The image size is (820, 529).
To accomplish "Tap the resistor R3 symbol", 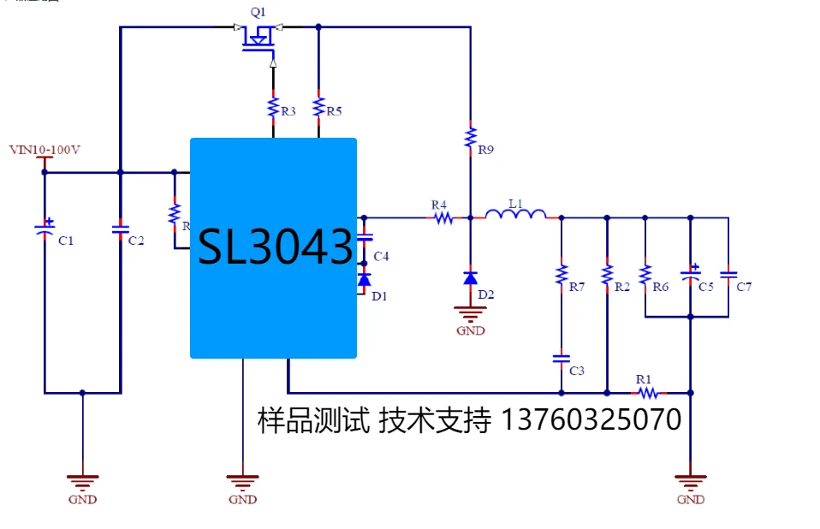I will (x=273, y=109).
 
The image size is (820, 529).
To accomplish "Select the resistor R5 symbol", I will (x=318, y=109).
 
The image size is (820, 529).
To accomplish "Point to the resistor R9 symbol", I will (x=470, y=138).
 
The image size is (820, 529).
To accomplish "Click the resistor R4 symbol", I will (x=443, y=217).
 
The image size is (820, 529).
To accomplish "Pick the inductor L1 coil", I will (x=515, y=214).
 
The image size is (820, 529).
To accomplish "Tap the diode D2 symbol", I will (x=470, y=277).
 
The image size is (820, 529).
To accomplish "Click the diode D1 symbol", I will (x=364, y=280).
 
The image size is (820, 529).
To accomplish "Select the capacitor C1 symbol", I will (x=45, y=228).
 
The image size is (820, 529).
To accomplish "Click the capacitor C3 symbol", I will (x=562, y=358).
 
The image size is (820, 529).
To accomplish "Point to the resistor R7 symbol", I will (x=562, y=274).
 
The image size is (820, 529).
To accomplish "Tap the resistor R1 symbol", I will (x=648, y=393).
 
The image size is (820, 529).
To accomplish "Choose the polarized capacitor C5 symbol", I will (x=691, y=275).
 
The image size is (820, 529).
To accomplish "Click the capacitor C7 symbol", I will (x=728, y=275).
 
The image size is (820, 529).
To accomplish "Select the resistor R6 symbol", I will (x=645, y=274).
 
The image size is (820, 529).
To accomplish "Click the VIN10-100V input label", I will (x=45, y=150).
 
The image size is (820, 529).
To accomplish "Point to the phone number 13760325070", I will (x=590, y=420).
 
